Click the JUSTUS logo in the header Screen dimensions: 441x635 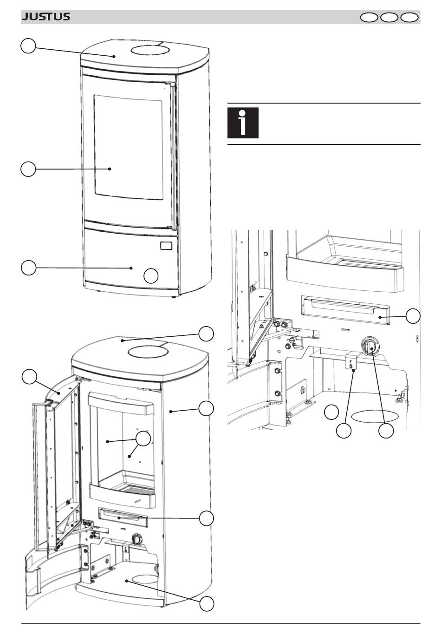pyautogui.click(x=46, y=17)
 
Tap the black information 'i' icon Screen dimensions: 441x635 pyautogui.click(x=243, y=123)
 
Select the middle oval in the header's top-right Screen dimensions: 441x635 pyautogui.click(x=389, y=18)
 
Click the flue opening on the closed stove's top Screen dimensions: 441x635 pyautogui.click(x=150, y=51)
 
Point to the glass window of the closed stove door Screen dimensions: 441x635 pyautogui.click(x=129, y=147)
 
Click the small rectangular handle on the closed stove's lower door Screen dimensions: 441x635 pyautogui.click(x=166, y=245)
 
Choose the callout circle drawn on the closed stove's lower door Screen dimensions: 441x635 pyautogui.click(x=151, y=276)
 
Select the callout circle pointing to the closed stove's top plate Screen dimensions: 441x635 pyautogui.click(x=28, y=46)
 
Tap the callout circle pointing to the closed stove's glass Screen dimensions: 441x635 pyautogui.click(x=28, y=169)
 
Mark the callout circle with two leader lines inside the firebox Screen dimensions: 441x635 pyautogui.click(x=143, y=439)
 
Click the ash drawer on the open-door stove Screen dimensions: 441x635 pyautogui.click(x=123, y=518)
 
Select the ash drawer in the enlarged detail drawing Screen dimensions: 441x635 pyautogui.click(x=345, y=310)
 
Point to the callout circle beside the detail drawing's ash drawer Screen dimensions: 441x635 pyautogui.click(x=413, y=316)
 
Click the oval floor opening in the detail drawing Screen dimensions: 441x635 pyautogui.click(x=375, y=416)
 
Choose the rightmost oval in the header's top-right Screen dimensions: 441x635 pyautogui.click(x=409, y=18)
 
